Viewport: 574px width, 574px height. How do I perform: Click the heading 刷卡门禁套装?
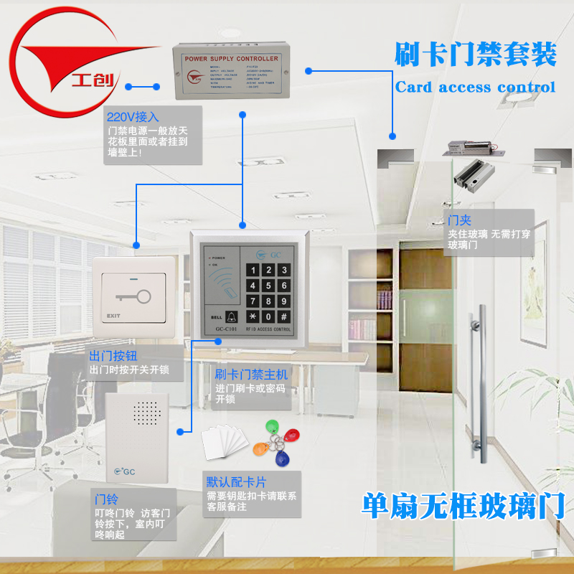[475, 55]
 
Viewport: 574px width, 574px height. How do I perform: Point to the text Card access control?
[475, 88]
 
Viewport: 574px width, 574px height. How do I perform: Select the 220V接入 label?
[133, 116]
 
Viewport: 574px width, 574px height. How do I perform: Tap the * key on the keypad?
[253, 316]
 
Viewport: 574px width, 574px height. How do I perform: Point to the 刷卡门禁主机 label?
[251, 375]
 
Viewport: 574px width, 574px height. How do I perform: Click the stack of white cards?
[223, 440]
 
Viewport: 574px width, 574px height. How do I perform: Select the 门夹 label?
[459, 220]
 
